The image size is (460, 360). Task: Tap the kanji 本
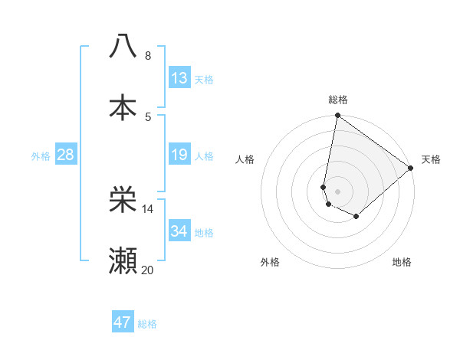click(x=123, y=106)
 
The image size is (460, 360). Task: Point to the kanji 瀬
click(x=123, y=261)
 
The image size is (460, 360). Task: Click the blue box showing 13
click(x=179, y=78)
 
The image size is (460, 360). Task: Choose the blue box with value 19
click(x=179, y=155)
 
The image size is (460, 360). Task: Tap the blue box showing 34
click(x=179, y=231)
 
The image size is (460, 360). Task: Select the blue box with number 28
click(x=66, y=155)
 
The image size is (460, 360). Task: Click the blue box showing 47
click(x=123, y=322)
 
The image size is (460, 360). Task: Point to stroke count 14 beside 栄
click(x=148, y=208)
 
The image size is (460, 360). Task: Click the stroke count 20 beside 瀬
click(x=148, y=270)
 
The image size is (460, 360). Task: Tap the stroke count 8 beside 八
click(x=148, y=56)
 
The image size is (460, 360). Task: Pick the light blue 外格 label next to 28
click(x=41, y=156)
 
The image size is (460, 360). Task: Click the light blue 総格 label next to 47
click(x=147, y=324)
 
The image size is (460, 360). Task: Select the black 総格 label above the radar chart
click(x=338, y=100)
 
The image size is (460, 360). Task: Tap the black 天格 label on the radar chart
click(x=431, y=159)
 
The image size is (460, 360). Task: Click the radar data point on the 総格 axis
click(x=337, y=116)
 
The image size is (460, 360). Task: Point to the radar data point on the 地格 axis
click(x=356, y=217)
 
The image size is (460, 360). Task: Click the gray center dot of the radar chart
click(x=337, y=191)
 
